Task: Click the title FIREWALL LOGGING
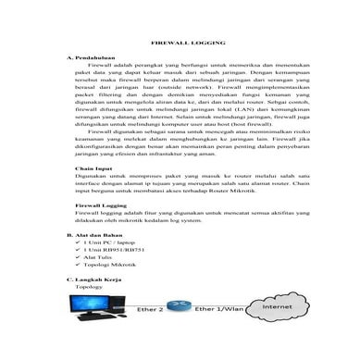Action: [180, 43]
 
